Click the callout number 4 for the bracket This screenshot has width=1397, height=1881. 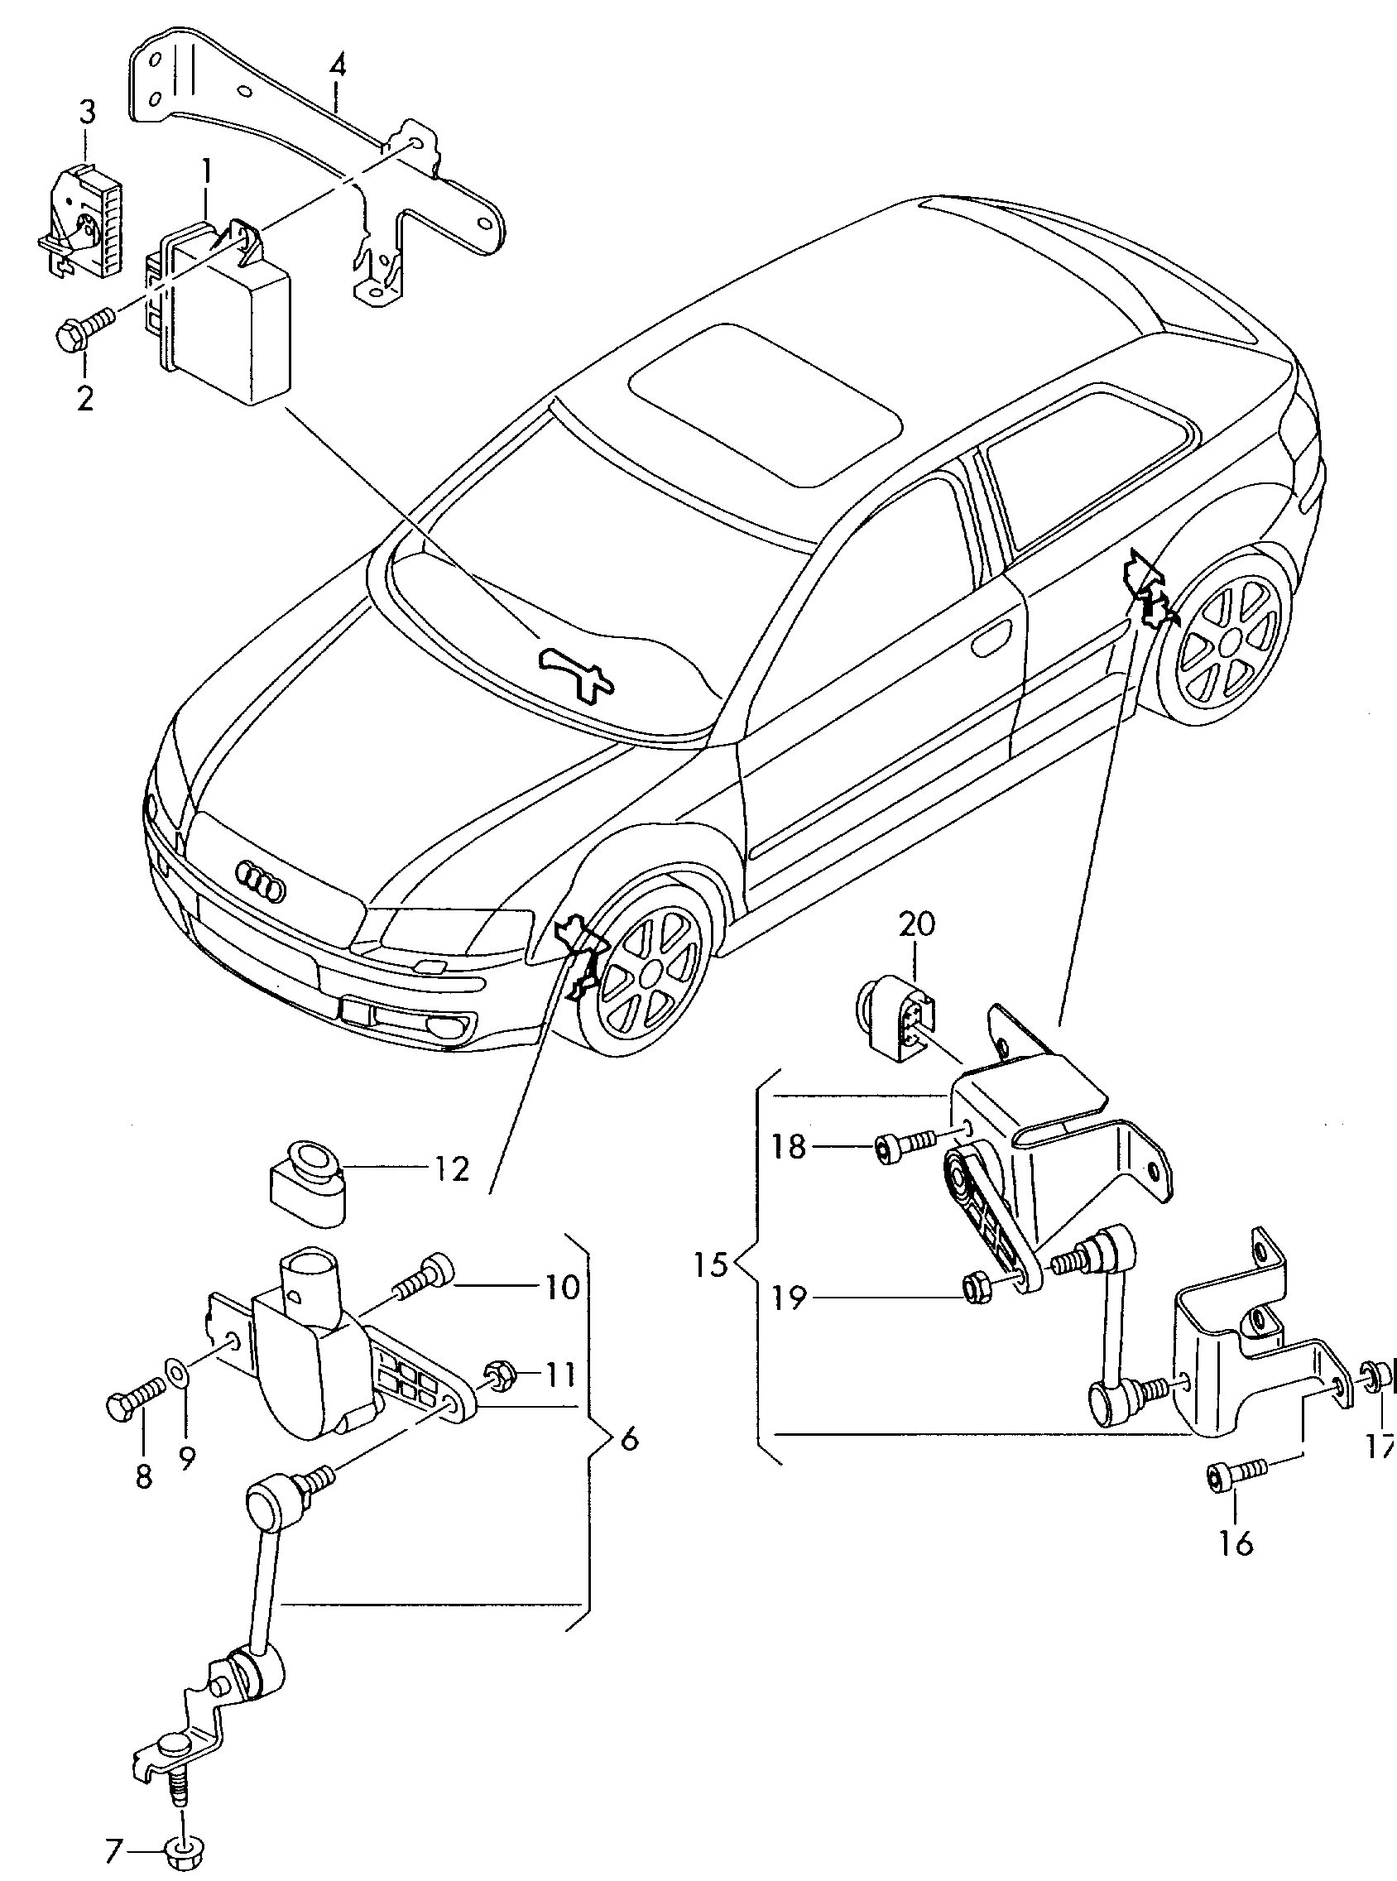pos(338,65)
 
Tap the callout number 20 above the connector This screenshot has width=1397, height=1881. pos(917,924)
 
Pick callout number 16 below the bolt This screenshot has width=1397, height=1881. pos(1236,1543)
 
